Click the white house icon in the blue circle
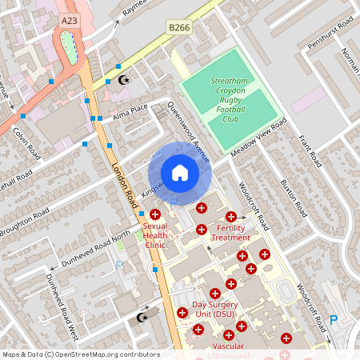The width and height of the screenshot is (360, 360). (179, 173)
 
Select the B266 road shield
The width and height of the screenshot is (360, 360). (178, 28)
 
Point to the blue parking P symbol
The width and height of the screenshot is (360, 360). (334, 320)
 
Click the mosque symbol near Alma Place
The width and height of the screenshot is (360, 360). (123, 79)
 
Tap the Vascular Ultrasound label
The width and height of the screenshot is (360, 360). (228, 350)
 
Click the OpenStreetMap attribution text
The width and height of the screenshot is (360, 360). (80, 354)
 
